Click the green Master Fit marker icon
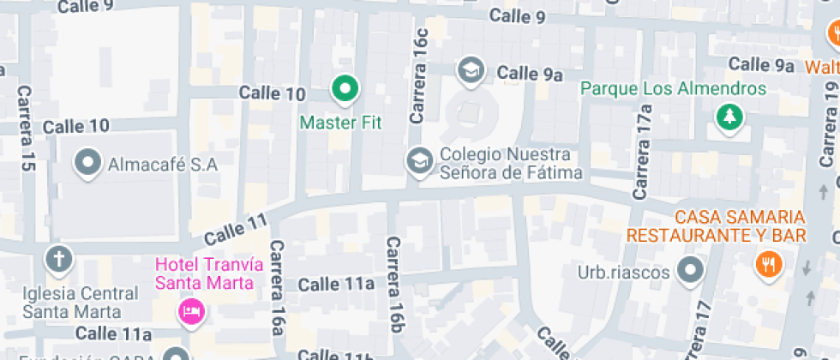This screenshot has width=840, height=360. (x=345, y=87)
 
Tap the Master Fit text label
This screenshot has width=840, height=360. (x=340, y=123)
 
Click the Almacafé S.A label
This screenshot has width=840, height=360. (x=163, y=164)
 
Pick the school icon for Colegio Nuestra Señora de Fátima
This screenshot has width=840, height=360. (x=419, y=160)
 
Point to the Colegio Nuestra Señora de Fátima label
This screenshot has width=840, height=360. (x=510, y=165)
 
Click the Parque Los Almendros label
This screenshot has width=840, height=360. (x=673, y=89)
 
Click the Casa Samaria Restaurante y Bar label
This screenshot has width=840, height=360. (x=717, y=225)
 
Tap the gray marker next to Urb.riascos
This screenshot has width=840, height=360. (x=689, y=272)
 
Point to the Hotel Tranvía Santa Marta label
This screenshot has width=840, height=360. (x=205, y=273)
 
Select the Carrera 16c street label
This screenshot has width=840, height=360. (x=419, y=78)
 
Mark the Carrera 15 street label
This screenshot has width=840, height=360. (x=25, y=129)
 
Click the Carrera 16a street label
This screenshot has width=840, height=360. (x=276, y=287)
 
